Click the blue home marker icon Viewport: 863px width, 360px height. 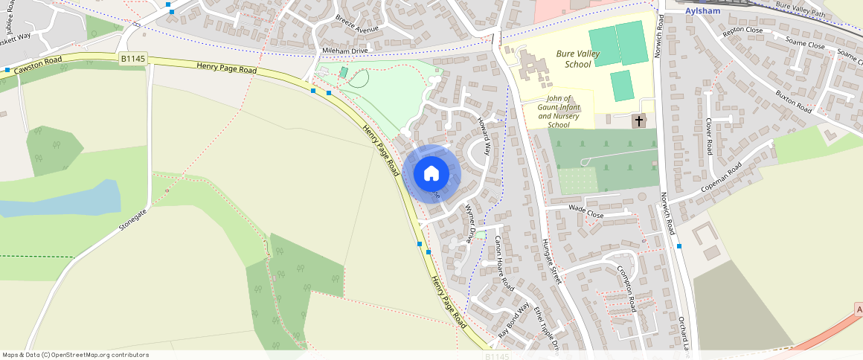431,174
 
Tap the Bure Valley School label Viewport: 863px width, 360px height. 573,59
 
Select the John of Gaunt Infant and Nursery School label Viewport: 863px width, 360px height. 558,112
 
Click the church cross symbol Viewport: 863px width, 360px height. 639,120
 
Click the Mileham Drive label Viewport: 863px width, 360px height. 345,51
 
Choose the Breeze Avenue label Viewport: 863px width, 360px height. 356,25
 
